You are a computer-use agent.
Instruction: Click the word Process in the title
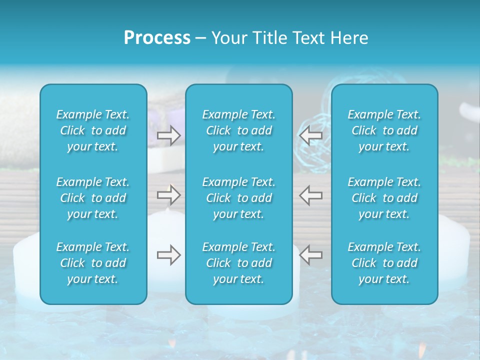click(x=157, y=38)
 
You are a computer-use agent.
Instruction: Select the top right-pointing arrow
click(x=168, y=135)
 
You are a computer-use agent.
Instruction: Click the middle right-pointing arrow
click(x=168, y=195)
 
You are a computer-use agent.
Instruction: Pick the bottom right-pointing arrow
click(x=168, y=255)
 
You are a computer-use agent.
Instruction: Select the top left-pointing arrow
click(x=310, y=135)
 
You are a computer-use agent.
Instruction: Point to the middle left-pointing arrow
click(x=310, y=195)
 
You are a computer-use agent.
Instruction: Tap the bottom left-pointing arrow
click(x=310, y=255)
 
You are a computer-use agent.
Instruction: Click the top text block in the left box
click(x=93, y=130)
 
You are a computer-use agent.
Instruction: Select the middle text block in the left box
click(x=93, y=198)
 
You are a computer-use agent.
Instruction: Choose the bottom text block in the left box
click(x=93, y=263)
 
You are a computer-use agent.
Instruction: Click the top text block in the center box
click(x=239, y=130)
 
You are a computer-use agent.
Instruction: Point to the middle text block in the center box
click(x=239, y=198)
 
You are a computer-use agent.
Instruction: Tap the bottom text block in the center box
click(x=239, y=263)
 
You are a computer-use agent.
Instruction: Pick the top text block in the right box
click(x=384, y=130)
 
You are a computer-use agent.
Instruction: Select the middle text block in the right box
click(x=384, y=198)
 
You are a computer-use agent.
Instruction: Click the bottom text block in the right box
click(x=384, y=263)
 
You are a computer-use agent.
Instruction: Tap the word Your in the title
click(x=227, y=38)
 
